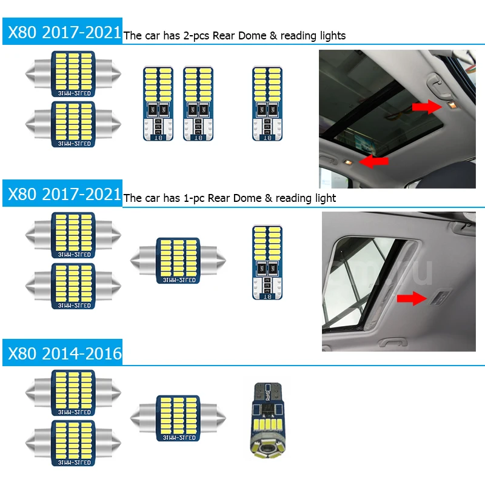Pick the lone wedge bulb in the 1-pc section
point(267,262)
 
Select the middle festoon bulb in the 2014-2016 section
point(178,416)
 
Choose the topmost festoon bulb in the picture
point(73,74)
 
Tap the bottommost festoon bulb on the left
point(73,443)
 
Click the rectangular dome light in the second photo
point(439,296)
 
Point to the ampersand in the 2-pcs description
point(273,36)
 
